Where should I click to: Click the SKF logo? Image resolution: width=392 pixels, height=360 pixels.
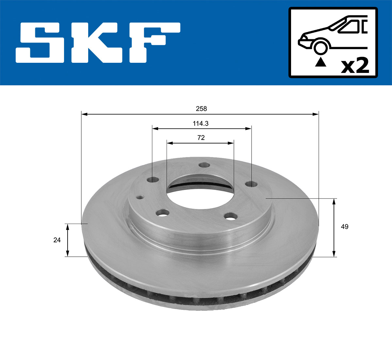[x=98, y=43]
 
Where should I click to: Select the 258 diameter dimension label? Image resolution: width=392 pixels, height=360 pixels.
[x=201, y=109]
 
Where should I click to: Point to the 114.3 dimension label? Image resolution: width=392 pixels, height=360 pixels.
[x=201, y=124]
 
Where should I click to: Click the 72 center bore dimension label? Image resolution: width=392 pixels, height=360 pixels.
[x=201, y=138]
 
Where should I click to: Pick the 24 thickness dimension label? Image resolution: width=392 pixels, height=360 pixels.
[x=57, y=240]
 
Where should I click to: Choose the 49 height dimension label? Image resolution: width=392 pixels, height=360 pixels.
[x=344, y=227]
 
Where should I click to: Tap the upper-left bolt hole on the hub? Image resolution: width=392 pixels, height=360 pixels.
[x=153, y=180]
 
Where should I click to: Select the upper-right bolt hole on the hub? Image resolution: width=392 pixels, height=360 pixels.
[x=251, y=184]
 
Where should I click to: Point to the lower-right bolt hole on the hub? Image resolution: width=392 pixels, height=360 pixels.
[x=231, y=216]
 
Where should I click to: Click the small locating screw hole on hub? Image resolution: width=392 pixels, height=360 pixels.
[x=140, y=197]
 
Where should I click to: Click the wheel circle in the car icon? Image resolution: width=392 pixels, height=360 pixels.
[x=320, y=47]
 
